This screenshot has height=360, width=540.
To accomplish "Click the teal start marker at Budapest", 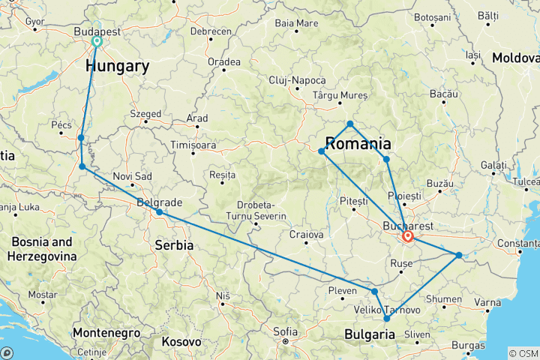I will coord(97,42).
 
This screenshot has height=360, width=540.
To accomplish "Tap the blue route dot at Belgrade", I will coord(160,213).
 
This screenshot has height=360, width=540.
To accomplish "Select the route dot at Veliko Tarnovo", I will coord(387,319).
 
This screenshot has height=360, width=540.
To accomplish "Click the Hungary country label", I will coord(117,67).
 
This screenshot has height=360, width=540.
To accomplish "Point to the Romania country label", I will coord(358,143).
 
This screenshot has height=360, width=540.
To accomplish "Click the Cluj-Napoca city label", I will coord(298,80).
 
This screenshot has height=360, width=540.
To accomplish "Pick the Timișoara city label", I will coord(193,145).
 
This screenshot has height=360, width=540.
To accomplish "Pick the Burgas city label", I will coord(469,346).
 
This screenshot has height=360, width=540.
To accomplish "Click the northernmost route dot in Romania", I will coord(350,124).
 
